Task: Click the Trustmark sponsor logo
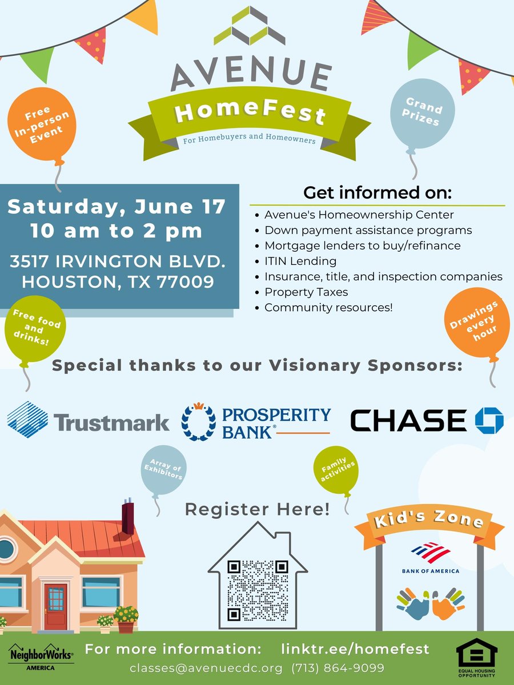(89, 420)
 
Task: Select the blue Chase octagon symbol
(489, 420)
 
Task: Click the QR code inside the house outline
(257, 590)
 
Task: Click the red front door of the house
(55, 606)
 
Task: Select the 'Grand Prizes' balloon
(423, 114)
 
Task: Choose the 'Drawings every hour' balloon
(477, 323)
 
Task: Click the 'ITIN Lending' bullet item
(300, 261)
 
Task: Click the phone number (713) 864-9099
(338, 667)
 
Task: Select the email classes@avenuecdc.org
(206, 667)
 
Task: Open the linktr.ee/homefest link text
(355, 649)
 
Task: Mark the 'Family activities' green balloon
(336, 472)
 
